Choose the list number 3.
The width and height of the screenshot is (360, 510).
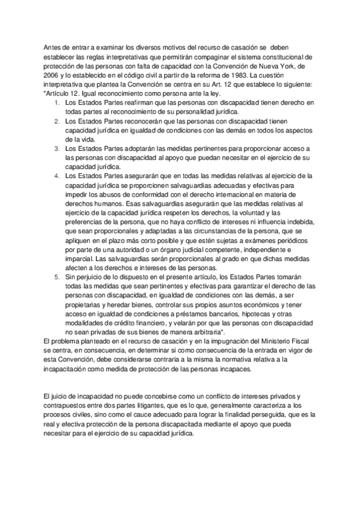click(56, 148)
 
